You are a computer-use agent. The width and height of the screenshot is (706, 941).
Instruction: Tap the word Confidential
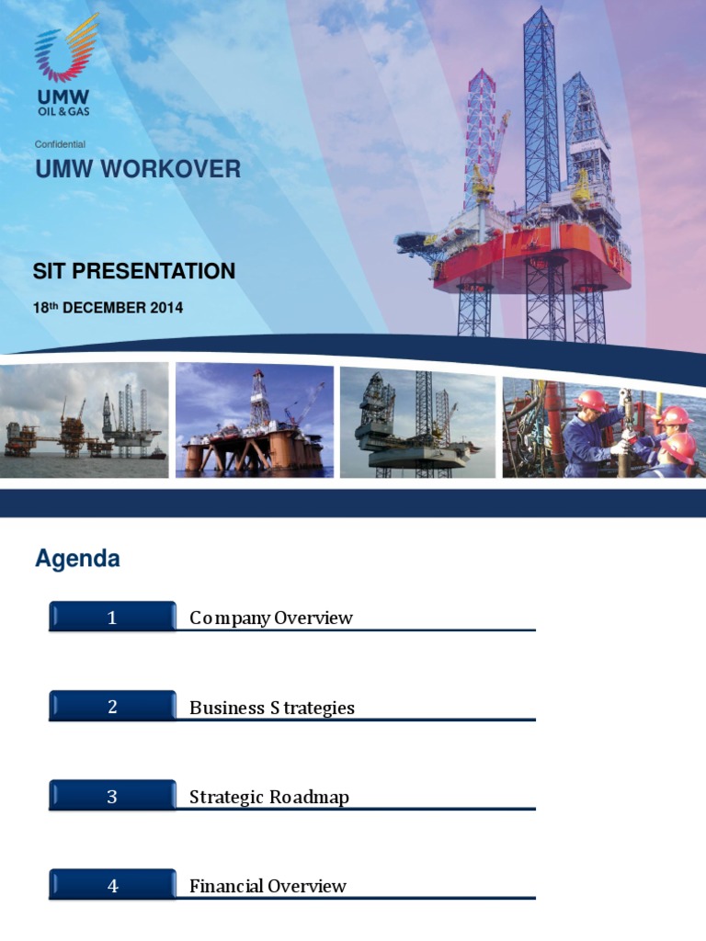point(60,144)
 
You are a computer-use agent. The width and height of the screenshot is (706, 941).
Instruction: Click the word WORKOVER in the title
point(170,169)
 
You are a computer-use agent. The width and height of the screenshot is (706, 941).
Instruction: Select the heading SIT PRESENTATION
point(134,271)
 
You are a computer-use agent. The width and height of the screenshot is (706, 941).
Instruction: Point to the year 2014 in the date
point(167,308)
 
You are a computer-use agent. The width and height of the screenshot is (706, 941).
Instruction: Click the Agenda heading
point(77,558)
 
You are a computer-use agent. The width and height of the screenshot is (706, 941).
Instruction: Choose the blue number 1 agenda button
point(112,617)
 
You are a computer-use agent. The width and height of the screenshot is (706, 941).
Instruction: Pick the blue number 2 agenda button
point(112,706)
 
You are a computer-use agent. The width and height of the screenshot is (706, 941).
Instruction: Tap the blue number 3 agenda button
point(112,795)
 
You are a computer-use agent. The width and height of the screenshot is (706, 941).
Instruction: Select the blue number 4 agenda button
point(112,885)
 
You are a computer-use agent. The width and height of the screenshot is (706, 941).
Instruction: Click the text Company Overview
point(271,618)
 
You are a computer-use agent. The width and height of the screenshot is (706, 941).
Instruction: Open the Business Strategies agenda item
point(272,708)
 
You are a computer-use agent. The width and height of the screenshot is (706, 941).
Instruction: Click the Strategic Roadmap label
point(269,797)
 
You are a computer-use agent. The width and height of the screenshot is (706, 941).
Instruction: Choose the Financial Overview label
point(268,886)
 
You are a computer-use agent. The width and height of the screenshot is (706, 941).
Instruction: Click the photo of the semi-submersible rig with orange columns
point(255,420)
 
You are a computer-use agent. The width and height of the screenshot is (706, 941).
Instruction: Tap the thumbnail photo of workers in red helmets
point(603,427)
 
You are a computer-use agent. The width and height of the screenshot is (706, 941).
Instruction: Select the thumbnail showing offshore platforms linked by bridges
point(84,420)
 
